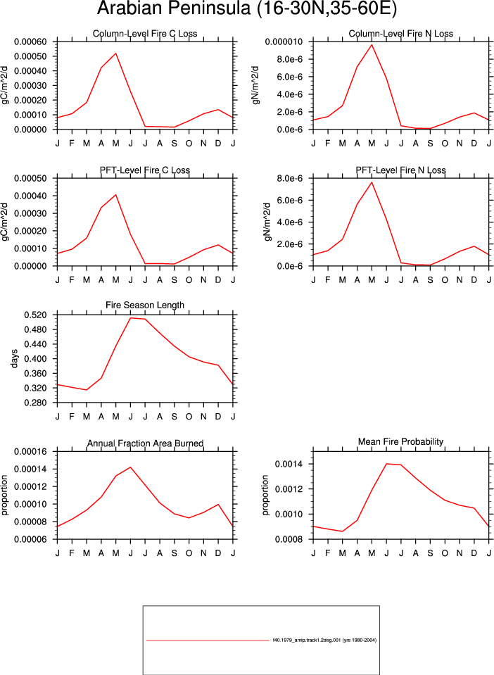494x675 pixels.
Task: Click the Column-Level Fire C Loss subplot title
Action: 145,34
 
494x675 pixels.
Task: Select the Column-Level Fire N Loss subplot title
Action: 401,34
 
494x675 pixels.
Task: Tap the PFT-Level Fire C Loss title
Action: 145,170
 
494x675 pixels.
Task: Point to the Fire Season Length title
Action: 145,305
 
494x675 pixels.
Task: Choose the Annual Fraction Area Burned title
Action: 146,443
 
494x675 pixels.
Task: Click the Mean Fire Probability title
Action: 400,442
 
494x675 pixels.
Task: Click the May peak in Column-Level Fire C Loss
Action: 115,53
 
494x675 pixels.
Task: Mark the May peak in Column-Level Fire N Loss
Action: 372,45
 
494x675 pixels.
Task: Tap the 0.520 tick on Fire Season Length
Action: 34,315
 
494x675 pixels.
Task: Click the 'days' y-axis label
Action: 15,358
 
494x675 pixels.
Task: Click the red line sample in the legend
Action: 208,641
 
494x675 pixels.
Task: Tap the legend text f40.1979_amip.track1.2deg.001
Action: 307,640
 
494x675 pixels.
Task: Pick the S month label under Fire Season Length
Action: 175,416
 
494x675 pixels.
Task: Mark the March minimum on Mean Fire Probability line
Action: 343,531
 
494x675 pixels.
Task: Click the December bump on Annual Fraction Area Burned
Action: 218,505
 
